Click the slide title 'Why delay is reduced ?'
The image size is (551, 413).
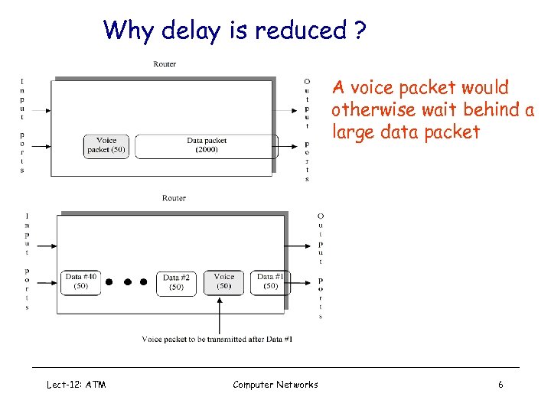click(x=235, y=31)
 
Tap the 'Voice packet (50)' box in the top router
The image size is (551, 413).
click(x=106, y=145)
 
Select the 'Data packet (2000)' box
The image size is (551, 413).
click(x=207, y=145)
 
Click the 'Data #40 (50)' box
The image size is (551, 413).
click(x=81, y=281)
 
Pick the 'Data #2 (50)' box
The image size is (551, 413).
click(x=176, y=282)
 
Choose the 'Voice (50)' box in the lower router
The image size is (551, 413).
click(x=224, y=281)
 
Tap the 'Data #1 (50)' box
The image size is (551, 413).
click(x=270, y=281)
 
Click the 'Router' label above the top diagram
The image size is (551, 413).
click(x=165, y=64)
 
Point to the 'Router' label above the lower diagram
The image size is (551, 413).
click(x=174, y=198)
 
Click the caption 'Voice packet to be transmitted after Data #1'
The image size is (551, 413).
click(x=217, y=339)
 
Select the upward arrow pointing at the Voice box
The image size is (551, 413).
click(x=220, y=314)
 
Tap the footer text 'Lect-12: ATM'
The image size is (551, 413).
click(x=77, y=385)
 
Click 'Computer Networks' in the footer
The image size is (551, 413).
click(x=275, y=385)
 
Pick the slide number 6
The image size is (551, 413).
click(x=500, y=385)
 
